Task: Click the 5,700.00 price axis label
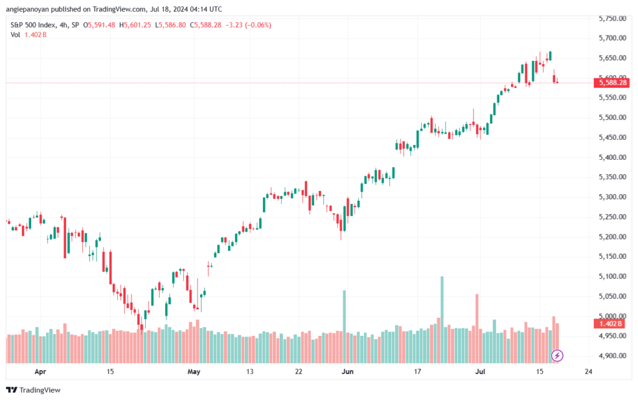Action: coord(612,38)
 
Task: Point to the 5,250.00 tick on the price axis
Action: coord(612,217)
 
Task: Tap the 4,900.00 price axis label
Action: coord(612,356)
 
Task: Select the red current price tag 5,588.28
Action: coord(612,83)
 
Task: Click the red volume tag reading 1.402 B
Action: coord(612,323)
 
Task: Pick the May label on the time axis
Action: coord(194,371)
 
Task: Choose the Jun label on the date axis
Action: coord(348,371)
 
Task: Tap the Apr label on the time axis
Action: coord(40,371)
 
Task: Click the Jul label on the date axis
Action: coord(480,371)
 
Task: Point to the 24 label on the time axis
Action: coord(588,371)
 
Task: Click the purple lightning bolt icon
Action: coord(557,356)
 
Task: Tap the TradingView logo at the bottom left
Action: coord(34,390)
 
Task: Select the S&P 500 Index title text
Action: coord(33,25)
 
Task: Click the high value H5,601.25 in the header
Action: coord(135,25)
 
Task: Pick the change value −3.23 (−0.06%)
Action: coord(248,25)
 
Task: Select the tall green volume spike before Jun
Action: coord(344,327)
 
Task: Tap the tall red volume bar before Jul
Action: coord(477,328)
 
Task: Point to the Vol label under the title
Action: coord(15,35)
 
